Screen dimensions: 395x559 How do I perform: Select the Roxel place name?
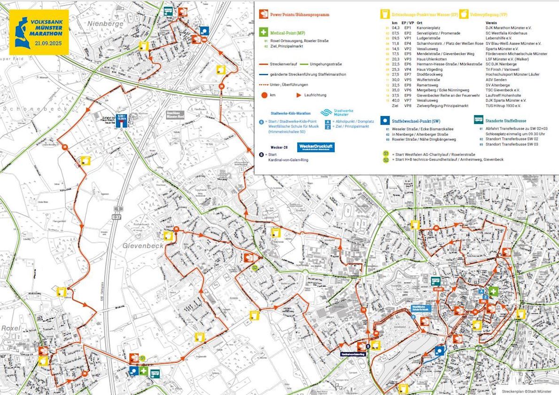pos(10,328)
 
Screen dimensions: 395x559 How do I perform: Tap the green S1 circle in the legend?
pos(386,153)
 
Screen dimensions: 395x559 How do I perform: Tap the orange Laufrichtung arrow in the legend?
pos(299,95)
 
